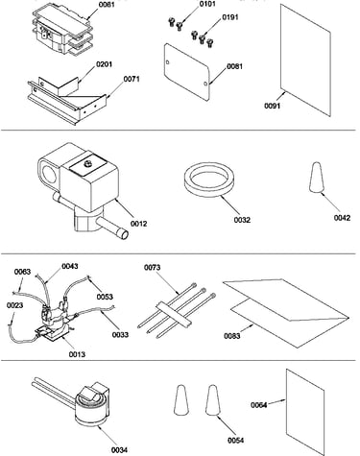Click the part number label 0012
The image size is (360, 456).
tap(139, 224)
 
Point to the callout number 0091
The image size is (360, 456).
tap(273, 106)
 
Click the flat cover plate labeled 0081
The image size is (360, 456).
tap(186, 72)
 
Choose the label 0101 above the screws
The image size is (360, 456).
tap(207, 4)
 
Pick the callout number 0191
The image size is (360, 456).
tap(230, 17)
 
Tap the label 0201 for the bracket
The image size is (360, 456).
tap(104, 64)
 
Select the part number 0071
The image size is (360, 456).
tap(132, 79)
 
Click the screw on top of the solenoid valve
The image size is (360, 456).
tap(87, 163)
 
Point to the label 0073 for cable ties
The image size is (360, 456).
tap(153, 267)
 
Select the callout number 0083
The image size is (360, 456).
tap(232, 336)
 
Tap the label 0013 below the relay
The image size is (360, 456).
tap(77, 354)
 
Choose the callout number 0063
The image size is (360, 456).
tap(22, 272)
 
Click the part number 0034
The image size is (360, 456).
tap(119, 450)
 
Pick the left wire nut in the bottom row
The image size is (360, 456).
tap(180, 400)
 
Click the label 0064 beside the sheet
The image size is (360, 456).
tap(259, 405)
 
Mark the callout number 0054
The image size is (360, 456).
tap(236, 441)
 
